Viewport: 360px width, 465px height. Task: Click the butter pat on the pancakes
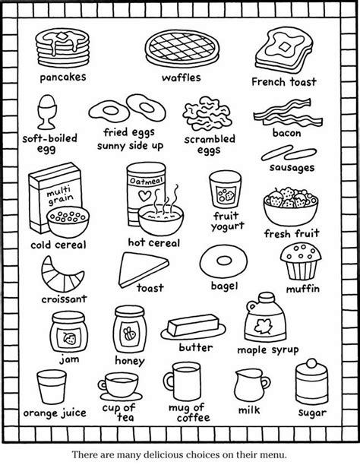pyautogui.click(x=62, y=36)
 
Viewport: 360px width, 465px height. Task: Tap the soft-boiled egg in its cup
pyautogui.click(x=47, y=112)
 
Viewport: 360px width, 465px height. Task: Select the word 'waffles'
pyautogui.click(x=182, y=77)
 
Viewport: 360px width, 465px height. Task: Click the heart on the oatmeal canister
pyautogui.click(x=145, y=196)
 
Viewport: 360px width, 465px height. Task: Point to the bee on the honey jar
pyautogui.click(x=129, y=334)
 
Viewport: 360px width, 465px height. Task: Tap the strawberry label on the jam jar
pyautogui.click(x=69, y=338)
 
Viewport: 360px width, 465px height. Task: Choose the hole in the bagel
pyautogui.click(x=224, y=261)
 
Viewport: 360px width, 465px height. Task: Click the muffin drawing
pyautogui.click(x=301, y=261)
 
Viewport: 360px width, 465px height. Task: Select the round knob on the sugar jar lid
pyautogui.click(x=311, y=363)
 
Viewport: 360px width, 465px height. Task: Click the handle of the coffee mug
pyautogui.click(x=169, y=382)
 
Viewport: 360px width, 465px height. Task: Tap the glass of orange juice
pyautogui.click(x=52, y=387)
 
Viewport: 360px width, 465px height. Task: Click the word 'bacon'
pyautogui.click(x=287, y=133)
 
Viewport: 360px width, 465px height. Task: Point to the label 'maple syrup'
pyautogui.click(x=268, y=350)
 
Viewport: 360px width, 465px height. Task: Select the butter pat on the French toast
pyautogui.click(x=285, y=47)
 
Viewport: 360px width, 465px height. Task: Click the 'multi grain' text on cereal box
pyautogui.click(x=59, y=195)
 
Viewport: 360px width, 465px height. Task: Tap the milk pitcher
pyautogui.click(x=251, y=384)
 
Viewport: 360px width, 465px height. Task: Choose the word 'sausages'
pyautogui.click(x=292, y=168)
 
